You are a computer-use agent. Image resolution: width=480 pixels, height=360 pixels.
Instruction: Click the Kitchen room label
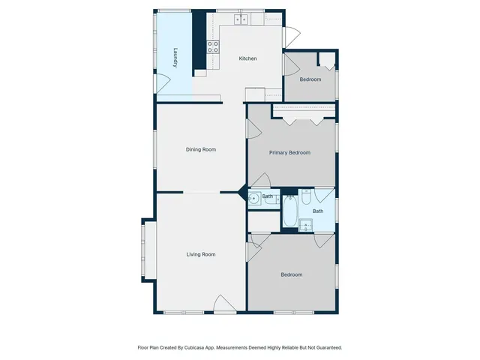click(248, 58)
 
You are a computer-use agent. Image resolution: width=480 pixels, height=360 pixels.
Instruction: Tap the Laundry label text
click(175, 58)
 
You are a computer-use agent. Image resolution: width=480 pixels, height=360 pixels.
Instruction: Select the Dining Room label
click(201, 149)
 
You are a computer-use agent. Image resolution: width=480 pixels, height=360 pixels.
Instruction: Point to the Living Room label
click(201, 254)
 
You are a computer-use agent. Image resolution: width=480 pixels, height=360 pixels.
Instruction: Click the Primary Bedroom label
click(289, 152)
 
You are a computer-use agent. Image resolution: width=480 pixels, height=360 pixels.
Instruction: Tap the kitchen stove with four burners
click(213, 46)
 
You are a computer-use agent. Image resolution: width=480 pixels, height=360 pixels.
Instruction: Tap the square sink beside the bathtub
click(306, 224)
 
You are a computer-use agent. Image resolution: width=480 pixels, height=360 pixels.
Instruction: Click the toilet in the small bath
click(271, 199)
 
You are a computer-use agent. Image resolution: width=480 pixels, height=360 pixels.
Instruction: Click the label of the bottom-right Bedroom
click(292, 274)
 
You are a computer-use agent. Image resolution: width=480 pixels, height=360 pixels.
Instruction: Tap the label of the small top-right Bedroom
click(310, 79)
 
